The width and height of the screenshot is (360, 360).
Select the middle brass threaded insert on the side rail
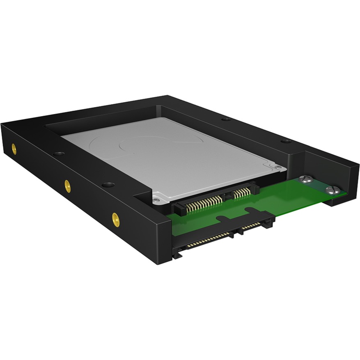pyautogui.click(x=67, y=186)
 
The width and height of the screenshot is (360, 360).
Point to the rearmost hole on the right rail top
pyautogui.click(x=225, y=119)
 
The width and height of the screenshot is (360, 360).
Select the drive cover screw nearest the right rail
pyautogui.click(x=278, y=167)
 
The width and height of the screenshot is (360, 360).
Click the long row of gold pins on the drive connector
pyautogui.click(x=204, y=202)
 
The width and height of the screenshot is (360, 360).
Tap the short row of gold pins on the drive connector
pyautogui.click(x=242, y=192)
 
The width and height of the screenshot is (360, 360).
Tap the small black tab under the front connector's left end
pyautogui.click(x=177, y=255)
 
